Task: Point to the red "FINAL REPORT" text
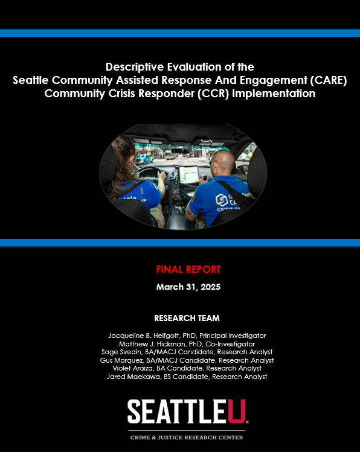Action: pos(188,270)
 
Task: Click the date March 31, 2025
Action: pos(188,287)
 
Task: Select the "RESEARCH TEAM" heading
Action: pos(187,318)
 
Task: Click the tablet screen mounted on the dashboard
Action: pos(189,174)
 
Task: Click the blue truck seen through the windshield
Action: pos(145,158)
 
